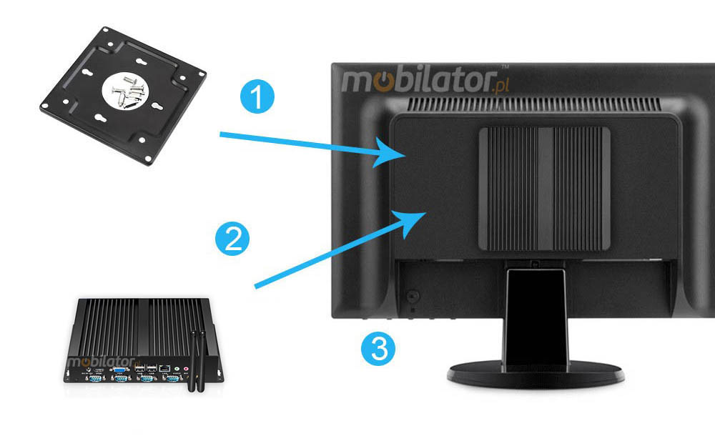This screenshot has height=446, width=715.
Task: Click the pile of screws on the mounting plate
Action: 128,91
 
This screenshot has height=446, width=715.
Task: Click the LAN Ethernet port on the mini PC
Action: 165,368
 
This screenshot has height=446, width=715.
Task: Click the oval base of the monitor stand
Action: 536,375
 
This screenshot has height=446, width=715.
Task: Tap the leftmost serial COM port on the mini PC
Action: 93,379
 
